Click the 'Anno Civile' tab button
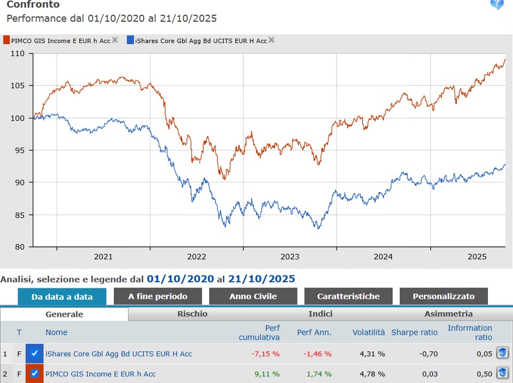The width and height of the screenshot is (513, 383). (x=253, y=296)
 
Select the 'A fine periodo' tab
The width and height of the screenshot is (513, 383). (x=158, y=296)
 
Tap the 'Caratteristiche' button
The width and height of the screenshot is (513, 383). (x=349, y=296)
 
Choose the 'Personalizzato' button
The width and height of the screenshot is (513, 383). (x=443, y=296)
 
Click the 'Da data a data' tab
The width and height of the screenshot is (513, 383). (x=62, y=297)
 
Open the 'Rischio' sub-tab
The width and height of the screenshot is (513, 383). (x=192, y=314)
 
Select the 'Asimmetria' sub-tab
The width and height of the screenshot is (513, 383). (x=449, y=314)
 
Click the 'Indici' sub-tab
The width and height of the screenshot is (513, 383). (x=320, y=314)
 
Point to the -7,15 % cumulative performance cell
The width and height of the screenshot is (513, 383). (x=265, y=354)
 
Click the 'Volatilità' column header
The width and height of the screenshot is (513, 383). (x=368, y=332)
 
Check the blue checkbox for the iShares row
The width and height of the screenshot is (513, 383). (x=34, y=354)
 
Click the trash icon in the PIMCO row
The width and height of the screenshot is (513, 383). (x=502, y=373)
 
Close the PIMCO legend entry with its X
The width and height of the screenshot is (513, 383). (x=115, y=40)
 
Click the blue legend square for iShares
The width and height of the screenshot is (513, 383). (x=130, y=40)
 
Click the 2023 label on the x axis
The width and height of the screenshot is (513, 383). (x=290, y=257)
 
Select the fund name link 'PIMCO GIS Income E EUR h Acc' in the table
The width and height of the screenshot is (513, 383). (x=100, y=374)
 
